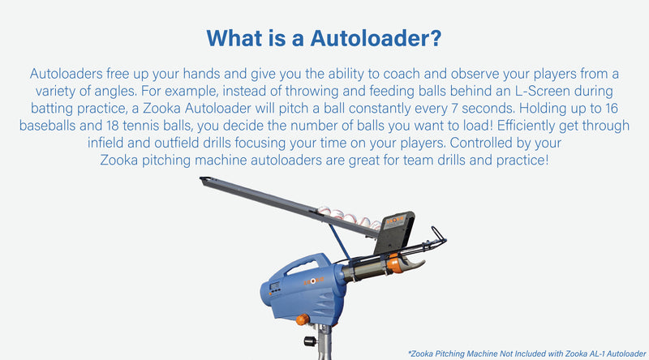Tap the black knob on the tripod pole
310,341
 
